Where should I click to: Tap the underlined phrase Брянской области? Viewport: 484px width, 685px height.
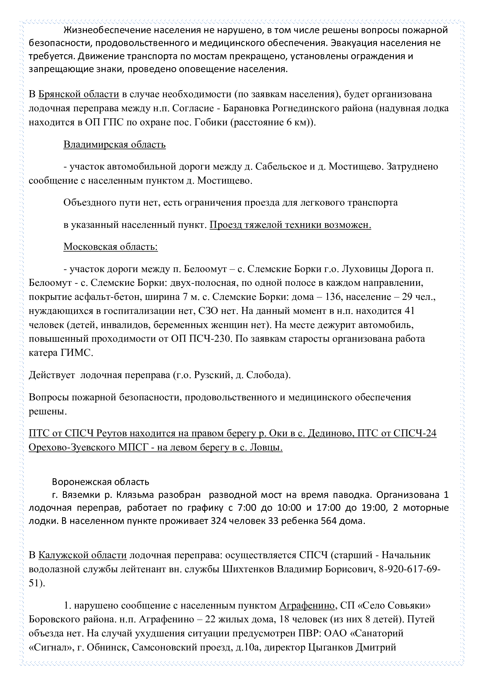coord(79,94)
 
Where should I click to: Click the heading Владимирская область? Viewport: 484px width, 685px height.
coord(114,145)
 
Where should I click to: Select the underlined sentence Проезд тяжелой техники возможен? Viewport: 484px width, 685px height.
coord(290,225)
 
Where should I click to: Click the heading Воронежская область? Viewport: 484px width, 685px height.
coord(100,481)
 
